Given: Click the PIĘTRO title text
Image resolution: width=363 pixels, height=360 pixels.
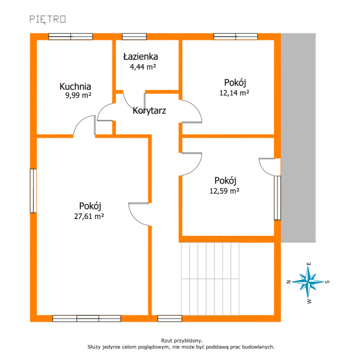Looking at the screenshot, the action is pos(48,19).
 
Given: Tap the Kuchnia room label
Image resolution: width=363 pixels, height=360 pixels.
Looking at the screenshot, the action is pos(75,86).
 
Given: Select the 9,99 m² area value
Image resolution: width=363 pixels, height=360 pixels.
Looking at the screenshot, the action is pos(78,95).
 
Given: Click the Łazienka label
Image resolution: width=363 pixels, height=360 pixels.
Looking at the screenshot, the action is pos(140,57).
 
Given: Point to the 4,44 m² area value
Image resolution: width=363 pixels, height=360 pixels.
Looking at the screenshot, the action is pos(143,67).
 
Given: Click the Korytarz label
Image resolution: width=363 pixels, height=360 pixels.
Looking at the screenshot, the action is pos(149,111).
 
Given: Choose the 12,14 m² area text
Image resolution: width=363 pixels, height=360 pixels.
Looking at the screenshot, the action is pos(234,93).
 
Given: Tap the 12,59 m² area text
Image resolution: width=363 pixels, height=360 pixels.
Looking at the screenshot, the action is pos(225,191).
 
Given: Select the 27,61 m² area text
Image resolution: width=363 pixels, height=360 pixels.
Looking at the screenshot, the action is pos(89,216).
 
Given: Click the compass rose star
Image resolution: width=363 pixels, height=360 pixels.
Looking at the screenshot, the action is pos(308,282).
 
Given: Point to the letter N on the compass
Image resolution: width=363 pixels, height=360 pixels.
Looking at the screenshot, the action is pos(289,282).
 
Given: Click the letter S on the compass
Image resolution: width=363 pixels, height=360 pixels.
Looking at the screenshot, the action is pos(327,282).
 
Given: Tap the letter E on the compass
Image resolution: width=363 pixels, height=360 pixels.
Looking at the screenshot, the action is pos(309,264).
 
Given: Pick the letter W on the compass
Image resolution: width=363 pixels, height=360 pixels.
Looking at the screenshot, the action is pos(309,301).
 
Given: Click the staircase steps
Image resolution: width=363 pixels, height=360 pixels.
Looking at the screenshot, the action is pos(210,279).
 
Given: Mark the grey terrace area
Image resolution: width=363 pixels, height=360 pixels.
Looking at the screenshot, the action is pos(298,138).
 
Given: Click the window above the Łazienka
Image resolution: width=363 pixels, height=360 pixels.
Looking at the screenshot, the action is pos(134,37).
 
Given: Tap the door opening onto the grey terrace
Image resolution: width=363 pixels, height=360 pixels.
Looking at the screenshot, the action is pos(269,167).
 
